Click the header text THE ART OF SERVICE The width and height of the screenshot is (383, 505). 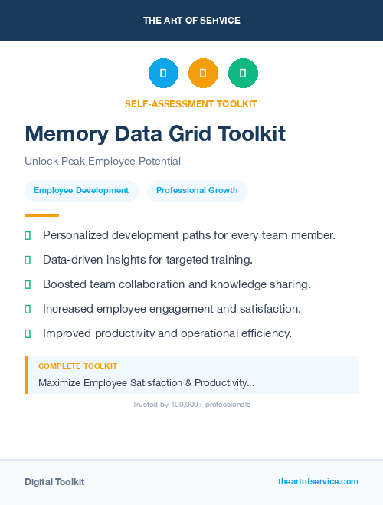coord(191,20)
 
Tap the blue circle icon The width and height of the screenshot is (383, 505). coord(163,74)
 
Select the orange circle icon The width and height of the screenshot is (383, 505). coord(203,74)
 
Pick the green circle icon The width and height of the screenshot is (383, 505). coord(243,74)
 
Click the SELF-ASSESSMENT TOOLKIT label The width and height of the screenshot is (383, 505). coord(191,104)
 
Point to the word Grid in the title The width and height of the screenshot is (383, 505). coord(187,134)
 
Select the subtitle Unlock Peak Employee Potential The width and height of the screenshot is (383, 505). coord(102,162)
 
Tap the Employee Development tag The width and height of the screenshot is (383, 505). coord(81,191)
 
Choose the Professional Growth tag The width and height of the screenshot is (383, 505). coord(197,191)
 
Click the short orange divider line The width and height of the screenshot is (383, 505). coord(41,215)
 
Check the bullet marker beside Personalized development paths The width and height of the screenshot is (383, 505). coord(28,235)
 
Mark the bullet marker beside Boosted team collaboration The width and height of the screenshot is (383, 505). coord(28,284)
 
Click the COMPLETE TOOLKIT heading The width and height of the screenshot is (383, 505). coord(77,366)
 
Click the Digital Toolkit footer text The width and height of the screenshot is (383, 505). coord(54,482)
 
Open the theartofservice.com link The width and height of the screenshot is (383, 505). coord(318,481)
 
